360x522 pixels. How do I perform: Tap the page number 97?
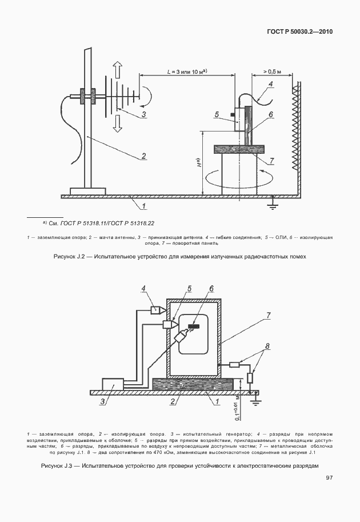pos(329,477)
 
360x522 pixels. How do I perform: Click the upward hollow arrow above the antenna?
pos(117,71)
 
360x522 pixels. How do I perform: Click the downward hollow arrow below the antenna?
pos(117,121)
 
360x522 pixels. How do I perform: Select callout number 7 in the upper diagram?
pos(271,160)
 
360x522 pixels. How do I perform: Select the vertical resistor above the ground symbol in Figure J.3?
pos(250,378)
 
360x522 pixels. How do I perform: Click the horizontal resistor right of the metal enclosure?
pos(234,364)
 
